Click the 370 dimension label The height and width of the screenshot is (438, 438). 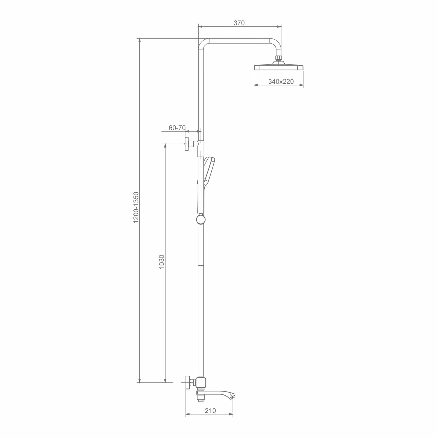(239, 23)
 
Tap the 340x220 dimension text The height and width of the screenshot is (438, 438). (281, 81)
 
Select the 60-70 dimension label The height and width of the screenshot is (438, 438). (177, 128)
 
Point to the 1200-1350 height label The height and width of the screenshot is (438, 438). (136, 208)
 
